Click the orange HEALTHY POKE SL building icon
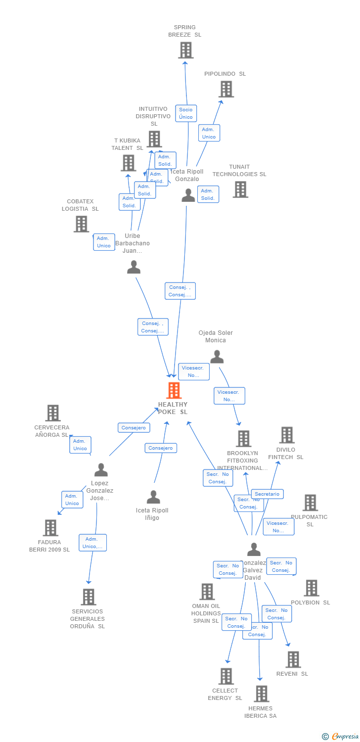coord(174,390)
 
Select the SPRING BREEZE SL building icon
coord(185,50)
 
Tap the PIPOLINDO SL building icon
coord(226,89)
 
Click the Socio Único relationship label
coord(186,113)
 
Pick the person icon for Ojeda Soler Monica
coord(217,357)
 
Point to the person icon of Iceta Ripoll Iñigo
coord(153,497)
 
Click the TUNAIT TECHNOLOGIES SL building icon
coord(240,189)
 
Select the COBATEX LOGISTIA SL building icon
coord(81,224)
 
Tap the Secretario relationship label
coord(267,494)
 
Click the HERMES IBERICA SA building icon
coord(261,694)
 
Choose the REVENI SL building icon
coord(293,659)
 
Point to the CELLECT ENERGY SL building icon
coord(226,676)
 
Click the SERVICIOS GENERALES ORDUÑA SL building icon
coord(88,597)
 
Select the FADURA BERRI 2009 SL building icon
coord(50,527)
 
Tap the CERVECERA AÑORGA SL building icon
coord(53,413)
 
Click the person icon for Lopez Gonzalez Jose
coord(101,469)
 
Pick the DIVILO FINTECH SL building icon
coord(286,435)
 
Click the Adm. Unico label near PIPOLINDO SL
coord(209,133)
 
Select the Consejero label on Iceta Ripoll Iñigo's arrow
coord(161,448)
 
